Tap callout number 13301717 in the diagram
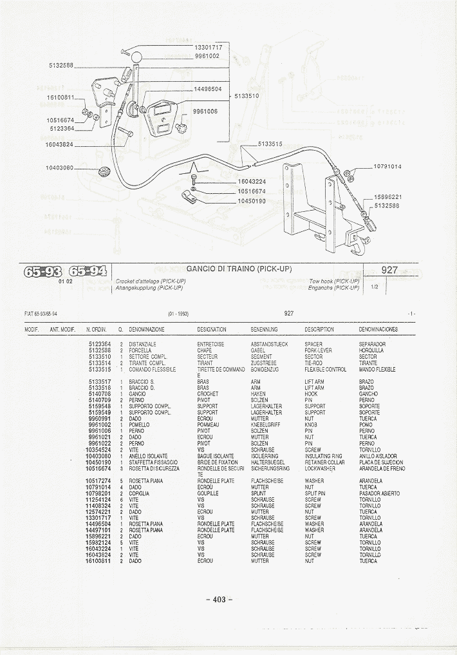[208, 48]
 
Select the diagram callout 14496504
[207, 90]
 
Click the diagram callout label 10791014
[387, 167]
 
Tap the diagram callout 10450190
[251, 201]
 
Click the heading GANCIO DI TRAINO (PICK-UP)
[239, 269]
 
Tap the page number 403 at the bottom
[219, 600]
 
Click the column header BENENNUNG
[264, 329]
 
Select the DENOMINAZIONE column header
[147, 329]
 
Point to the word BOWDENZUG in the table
[264, 370]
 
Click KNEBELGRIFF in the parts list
[265, 425]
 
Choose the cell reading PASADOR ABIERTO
[379, 493]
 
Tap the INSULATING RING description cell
[323, 456]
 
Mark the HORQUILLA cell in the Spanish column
[371, 350]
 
